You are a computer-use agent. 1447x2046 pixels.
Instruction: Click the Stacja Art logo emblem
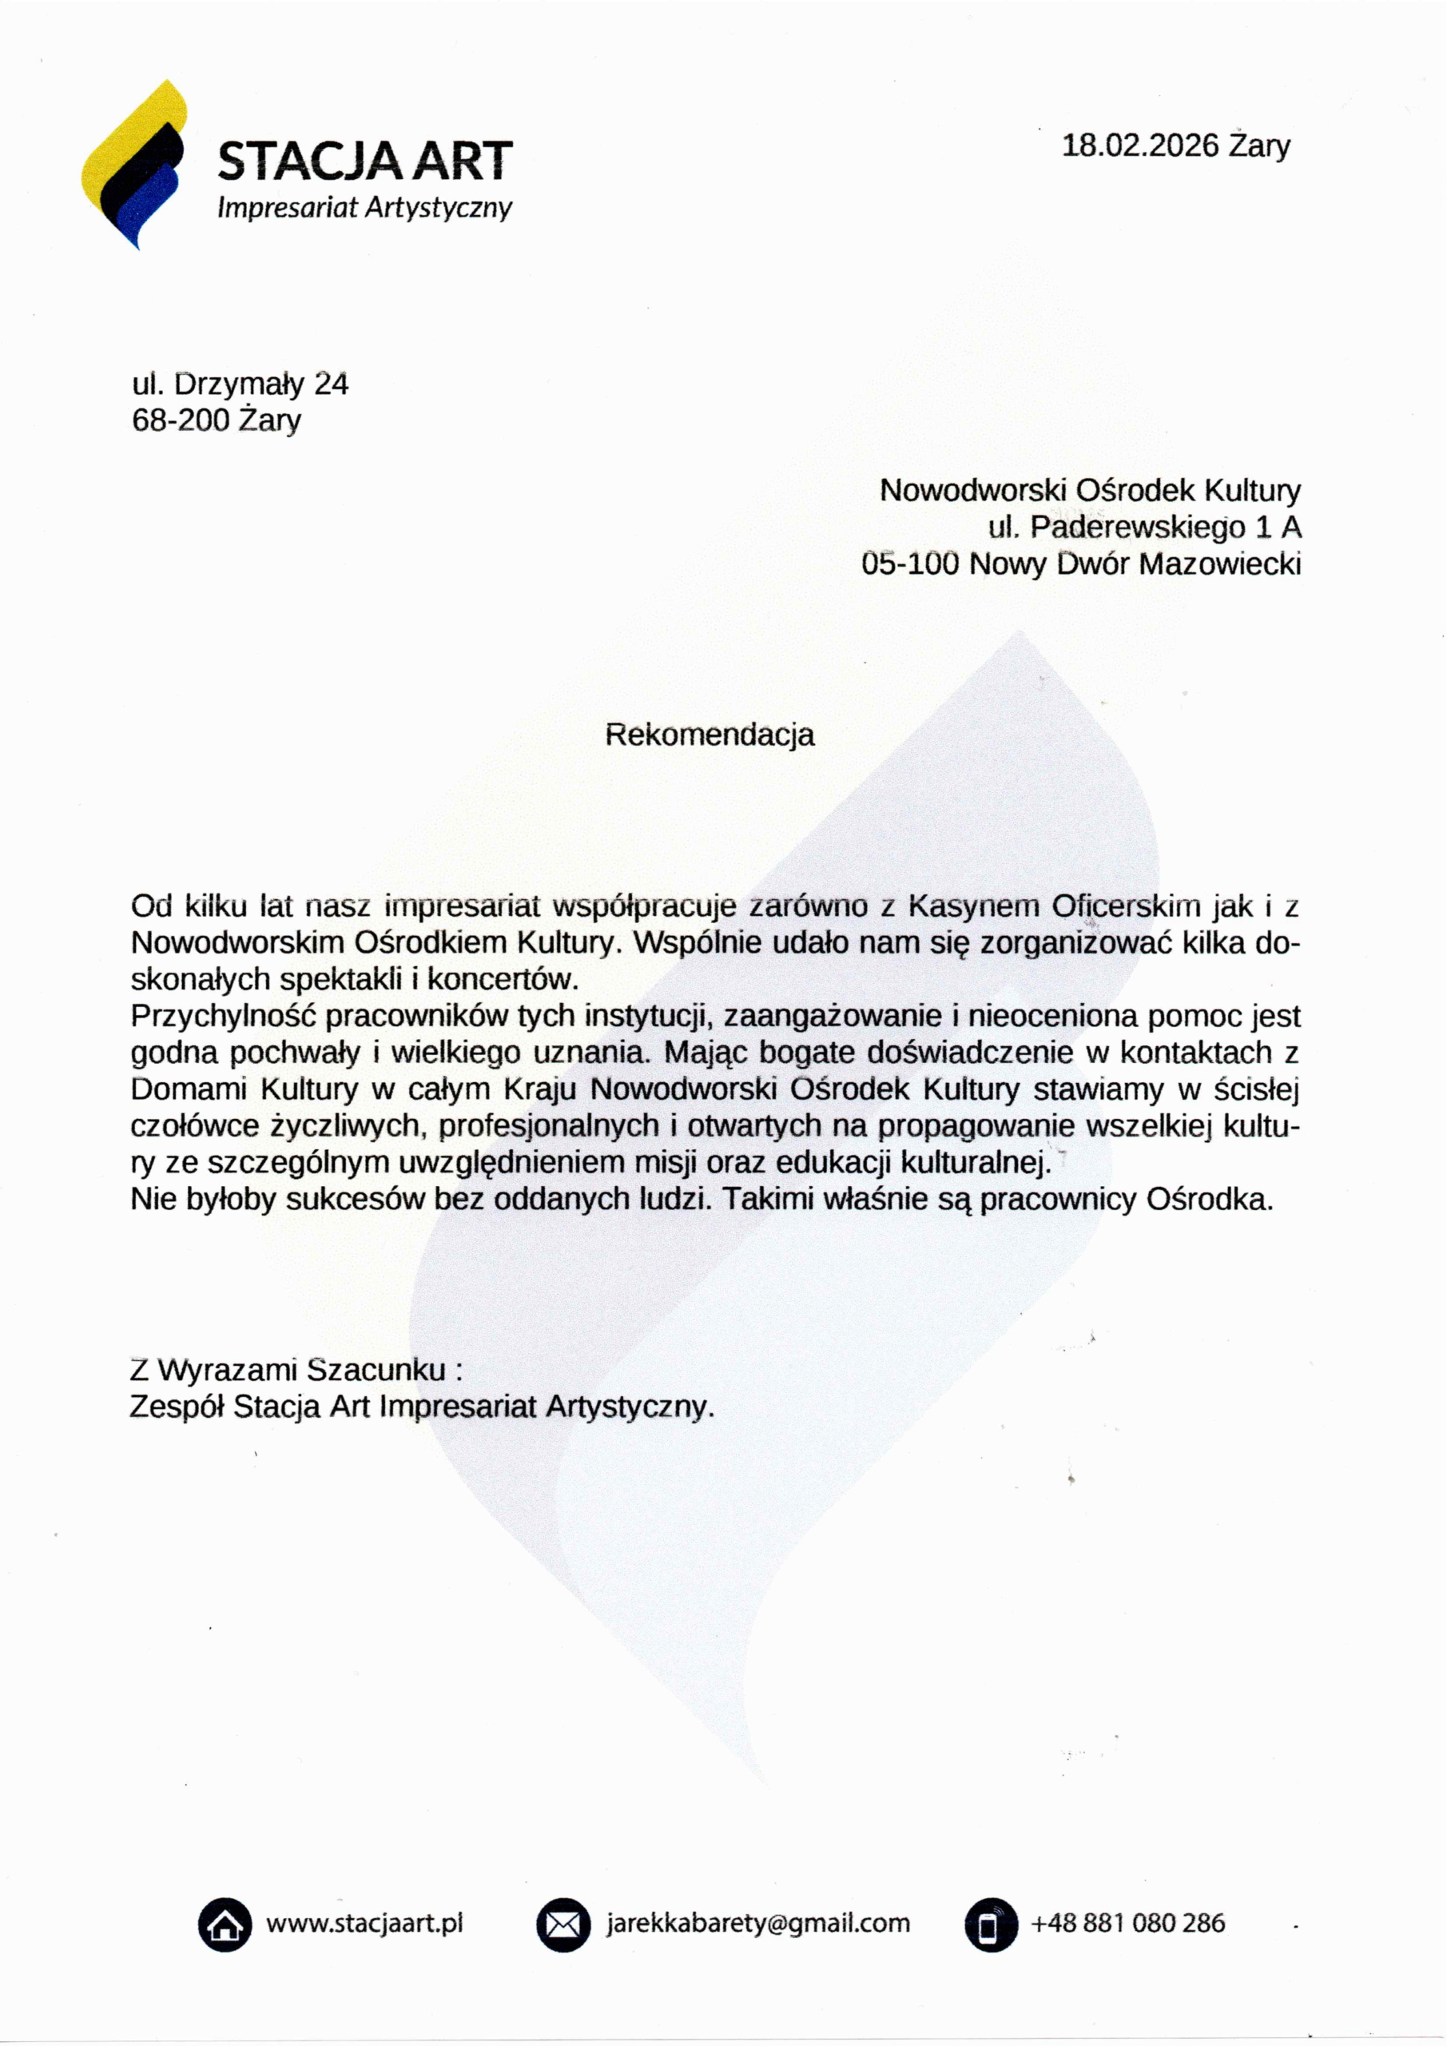(x=133, y=165)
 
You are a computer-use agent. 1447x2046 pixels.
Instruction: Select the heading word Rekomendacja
(x=710, y=735)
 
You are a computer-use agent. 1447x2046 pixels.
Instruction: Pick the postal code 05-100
(x=908, y=564)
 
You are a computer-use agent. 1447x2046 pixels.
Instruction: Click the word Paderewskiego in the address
(x=1138, y=527)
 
